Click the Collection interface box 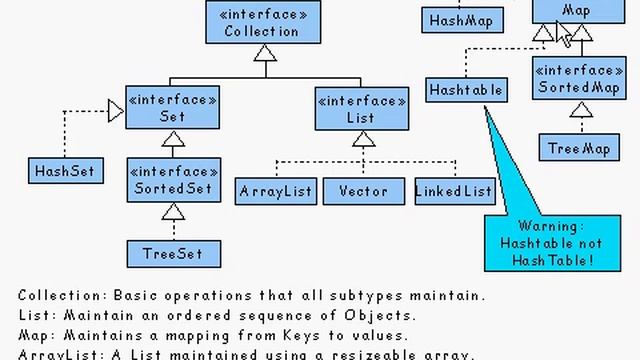(x=262, y=22)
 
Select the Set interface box (x=172, y=109)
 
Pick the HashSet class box (x=64, y=171)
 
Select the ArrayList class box (x=276, y=191)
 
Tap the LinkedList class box (x=454, y=191)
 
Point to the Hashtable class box (x=465, y=89)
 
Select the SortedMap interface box (x=580, y=81)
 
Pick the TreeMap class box (x=579, y=149)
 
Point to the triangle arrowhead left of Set (x=116, y=110)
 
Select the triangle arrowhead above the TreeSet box (x=173, y=212)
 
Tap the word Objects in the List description (x=347, y=315)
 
